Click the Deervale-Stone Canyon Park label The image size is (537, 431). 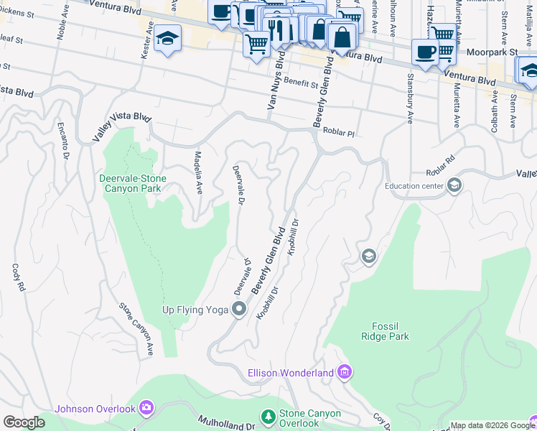pyautogui.click(x=132, y=183)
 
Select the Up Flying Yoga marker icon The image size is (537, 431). pyautogui.click(x=240, y=310)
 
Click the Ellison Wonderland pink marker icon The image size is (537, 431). pyautogui.click(x=345, y=372)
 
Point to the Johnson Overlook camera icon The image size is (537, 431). pyautogui.click(x=146, y=409)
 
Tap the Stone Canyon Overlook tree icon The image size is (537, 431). pyautogui.click(x=268, y=417)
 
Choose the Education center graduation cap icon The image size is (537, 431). pyautogui.click(x=454, y=186)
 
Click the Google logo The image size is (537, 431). pyautogui.click(x=24, y=422)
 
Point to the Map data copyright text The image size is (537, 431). pyautogui.click(x=492, y=425)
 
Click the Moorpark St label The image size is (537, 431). pyautogui.click(x=492, y=52)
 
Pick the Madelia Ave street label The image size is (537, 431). pyautogui.click(x=199, y=172)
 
